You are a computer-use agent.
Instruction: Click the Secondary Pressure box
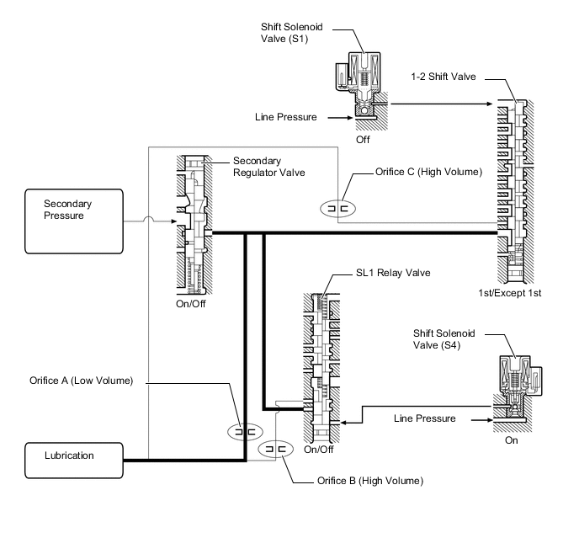(74, 221)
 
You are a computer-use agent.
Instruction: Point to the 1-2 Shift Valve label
(444, 77)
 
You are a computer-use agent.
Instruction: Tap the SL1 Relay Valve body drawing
(321, 363)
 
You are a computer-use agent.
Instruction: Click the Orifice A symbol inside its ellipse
(244, 430)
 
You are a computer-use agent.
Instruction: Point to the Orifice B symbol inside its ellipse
(275, 451)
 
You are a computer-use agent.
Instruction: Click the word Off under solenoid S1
(363, 140)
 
